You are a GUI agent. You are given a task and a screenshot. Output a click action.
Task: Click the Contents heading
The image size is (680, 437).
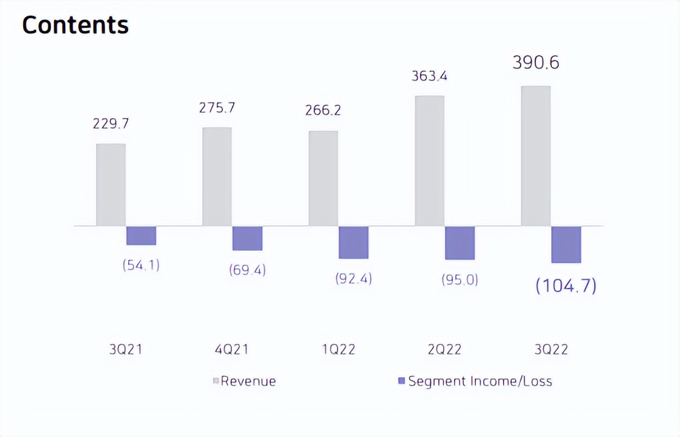(76, 25)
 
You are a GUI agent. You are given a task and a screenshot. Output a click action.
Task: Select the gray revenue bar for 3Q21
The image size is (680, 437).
(111, 184)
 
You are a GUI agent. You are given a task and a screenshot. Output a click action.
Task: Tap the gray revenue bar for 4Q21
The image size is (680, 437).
(217, 176)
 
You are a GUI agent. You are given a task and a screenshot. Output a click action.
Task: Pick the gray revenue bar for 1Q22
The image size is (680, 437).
(323, 178)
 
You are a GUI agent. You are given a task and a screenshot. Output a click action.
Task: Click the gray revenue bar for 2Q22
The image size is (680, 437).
(429, 161)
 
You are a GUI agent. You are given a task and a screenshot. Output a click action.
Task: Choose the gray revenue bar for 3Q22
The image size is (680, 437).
(535, 156)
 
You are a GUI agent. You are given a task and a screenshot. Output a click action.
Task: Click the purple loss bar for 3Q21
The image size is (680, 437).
(141, 236)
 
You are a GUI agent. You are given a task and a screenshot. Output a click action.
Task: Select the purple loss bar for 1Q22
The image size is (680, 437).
(353, 242)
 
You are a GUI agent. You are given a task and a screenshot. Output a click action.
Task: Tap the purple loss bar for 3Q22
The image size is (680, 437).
(566, 244)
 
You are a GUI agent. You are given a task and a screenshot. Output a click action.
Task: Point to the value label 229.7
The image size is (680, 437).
(111, 124)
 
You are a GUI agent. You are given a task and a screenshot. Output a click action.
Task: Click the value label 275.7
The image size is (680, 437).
(217, 108)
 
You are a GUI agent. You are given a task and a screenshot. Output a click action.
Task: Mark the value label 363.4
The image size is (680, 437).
(429, 77)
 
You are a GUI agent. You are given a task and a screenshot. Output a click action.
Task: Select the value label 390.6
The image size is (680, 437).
(536, 63)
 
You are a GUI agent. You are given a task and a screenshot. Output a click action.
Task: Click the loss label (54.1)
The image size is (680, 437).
(141, 265)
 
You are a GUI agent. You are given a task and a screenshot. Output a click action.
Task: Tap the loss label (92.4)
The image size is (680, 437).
(353, 279)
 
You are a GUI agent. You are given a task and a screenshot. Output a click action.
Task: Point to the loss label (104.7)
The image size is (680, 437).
(566, 286)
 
